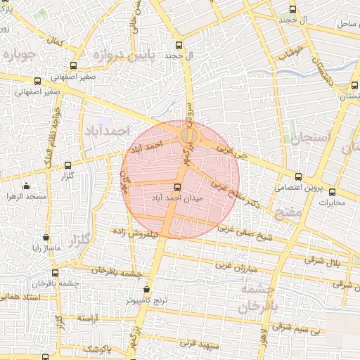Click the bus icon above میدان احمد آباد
click(x=176, y=188)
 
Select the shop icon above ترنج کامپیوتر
click(x=146, y=289)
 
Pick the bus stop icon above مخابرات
click(x=332, y=192)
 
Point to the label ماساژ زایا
click(x=46, y=248)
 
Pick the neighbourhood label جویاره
click(x=19, y=54)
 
